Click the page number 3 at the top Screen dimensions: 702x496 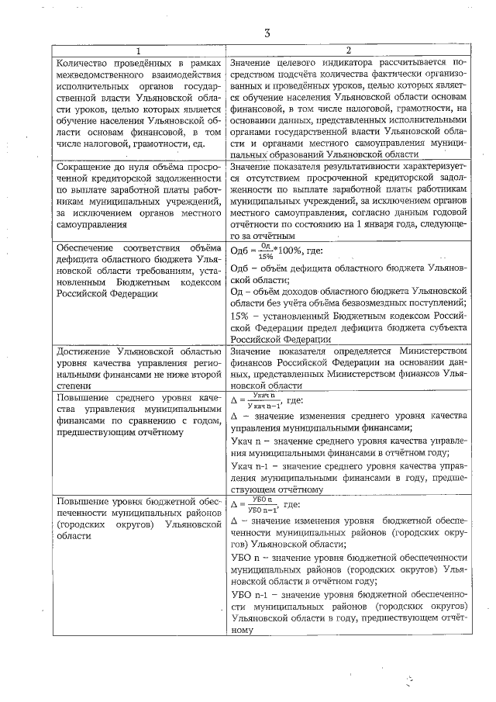click(x=267, y=33)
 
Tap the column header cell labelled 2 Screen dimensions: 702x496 click(x=348, y=50)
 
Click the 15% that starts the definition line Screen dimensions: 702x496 click(x=241, y=315)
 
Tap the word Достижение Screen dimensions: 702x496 click(x=86, y=351)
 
